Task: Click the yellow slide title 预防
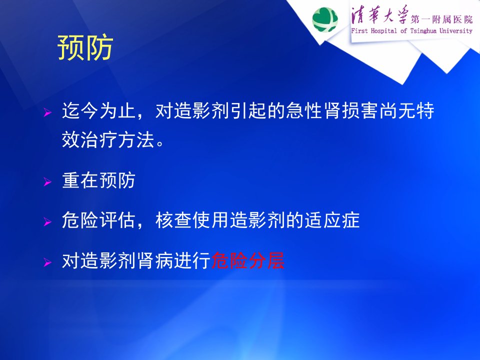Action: tap(85, 48)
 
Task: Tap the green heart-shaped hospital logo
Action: tap(325, 19)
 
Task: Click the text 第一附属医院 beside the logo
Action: tap(441, 19)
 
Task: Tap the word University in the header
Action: tap(456, 30)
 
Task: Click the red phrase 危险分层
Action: tap(248, 260)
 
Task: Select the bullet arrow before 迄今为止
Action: tap(47, 112)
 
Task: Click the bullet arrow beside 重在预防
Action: tap(47, 182)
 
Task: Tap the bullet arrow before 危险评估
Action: tap(47, 221)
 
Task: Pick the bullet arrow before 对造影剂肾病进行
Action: tap(47, 262)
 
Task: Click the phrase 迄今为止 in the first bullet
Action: tap(99, 110)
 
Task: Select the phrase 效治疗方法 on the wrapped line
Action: tap(108, 140)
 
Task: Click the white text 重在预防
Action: tap(98, 180)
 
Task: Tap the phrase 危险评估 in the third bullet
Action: tap(98, 220)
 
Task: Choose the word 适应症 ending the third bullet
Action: tap(332, 220)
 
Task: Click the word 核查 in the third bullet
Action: tap(174, 220)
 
